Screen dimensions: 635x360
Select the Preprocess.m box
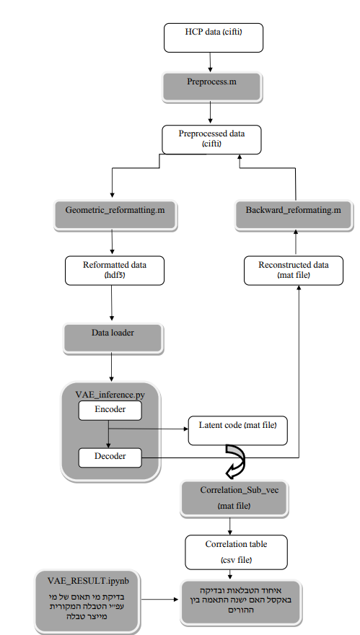point(210,85)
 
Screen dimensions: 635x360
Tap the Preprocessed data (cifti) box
point(210,139)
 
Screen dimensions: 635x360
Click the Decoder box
point(110,456)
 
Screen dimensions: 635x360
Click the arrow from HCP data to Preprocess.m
point(210,62)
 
